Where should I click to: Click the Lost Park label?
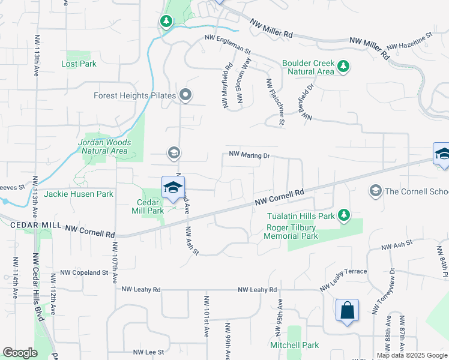pyautogui.click(x=79, y=64)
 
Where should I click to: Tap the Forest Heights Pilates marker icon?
pyautogui.click(x=185, y=95)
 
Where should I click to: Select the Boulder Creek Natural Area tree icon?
pyautogui.click(x=343, y=66)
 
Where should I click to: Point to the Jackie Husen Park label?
pyautogui.click(x=79, y=194)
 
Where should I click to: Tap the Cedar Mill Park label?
pyautogui.click(x=148, y=206)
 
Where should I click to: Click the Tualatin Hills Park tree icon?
pyautogui.click(x=343, y=214)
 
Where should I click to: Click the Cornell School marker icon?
pyautogui.click(x=376, y=191)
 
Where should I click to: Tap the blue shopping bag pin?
pyautogui.click(x=347, y=311)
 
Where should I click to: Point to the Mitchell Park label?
pyautogui.click(x=294, y=345)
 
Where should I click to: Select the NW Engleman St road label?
pyautogui.click(x=227, y=38)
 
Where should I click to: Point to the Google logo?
pyautogui.click(x=20, y=353)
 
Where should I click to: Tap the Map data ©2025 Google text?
pyautogui.click(x=412, y=355)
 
